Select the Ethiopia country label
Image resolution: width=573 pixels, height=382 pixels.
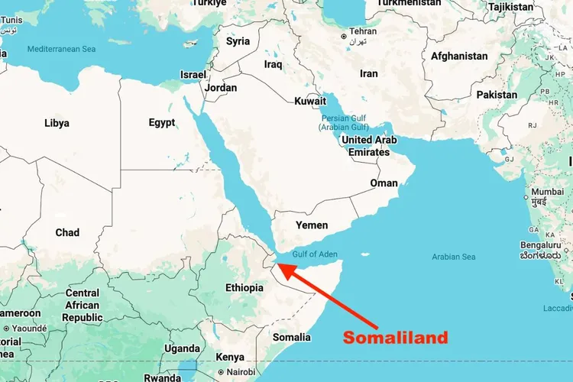(x=244, y=288)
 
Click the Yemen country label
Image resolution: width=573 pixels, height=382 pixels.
(x=312, y=225)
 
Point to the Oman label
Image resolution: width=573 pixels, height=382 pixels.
(x=384, y=183)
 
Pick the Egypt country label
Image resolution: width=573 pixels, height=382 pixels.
(x=162, y=122)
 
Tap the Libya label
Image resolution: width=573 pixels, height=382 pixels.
(x=57, y=123)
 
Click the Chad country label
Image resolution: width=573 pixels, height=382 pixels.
(x=67, y=232)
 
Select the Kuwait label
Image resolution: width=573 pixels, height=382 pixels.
(x=310, y=101)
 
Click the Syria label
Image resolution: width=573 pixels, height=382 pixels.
(x=238, y=41)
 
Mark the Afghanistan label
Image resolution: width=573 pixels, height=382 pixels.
(x=459, y=56)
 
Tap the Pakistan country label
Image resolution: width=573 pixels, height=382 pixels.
(x=496, y=95)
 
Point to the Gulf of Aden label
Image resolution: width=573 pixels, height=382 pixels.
(x=315, y=254)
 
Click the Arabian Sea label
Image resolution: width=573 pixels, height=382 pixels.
(x=454, y=257)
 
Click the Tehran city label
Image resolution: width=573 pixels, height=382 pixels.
(x=362, y=32)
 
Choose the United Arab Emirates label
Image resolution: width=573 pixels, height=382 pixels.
(x=368, y=146)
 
